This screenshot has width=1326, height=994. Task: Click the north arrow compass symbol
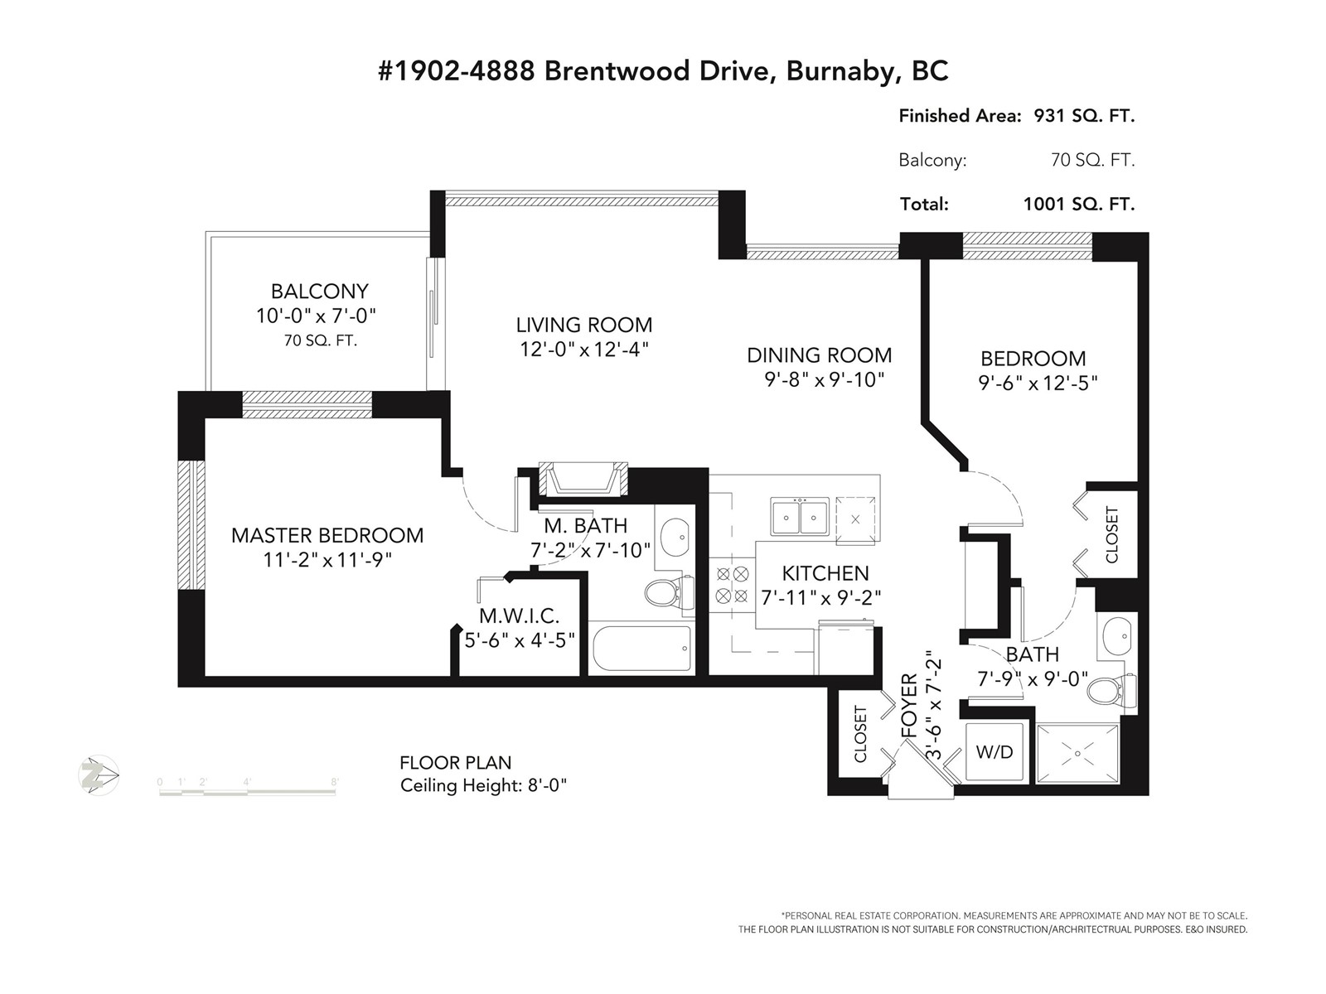[99, 776]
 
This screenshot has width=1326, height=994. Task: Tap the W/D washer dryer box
[994, 751]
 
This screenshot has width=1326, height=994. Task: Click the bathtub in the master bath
[642, 649]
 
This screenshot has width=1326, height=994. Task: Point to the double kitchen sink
[800, 518]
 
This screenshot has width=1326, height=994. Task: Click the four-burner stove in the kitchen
[732, 583]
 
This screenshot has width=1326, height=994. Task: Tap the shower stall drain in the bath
[1077, 754]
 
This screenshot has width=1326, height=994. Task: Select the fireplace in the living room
[582, 478]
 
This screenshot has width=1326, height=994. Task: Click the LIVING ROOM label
[584, 325]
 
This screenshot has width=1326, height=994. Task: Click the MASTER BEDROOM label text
[327, 535]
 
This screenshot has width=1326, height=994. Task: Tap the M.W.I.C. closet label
[519, 615]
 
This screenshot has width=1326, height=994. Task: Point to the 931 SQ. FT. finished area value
[1084, 116]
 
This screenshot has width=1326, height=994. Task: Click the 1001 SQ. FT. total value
[1079, 204]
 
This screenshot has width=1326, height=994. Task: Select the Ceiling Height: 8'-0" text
[483, 784]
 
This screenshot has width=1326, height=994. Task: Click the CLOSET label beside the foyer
[860, 734]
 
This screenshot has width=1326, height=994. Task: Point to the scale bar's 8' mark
[335, 782]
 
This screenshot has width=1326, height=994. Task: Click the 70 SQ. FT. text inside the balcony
[320, 340]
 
